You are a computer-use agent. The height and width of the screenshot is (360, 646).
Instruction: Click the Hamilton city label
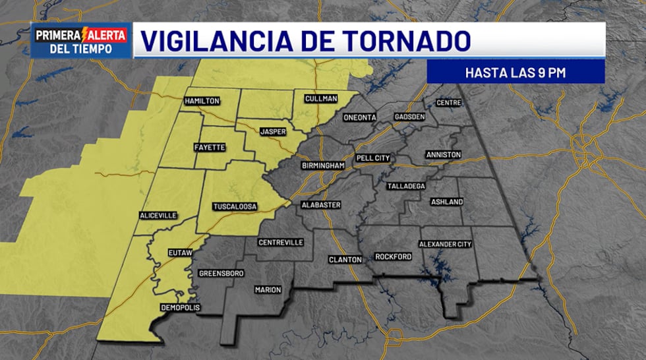coord(202,101)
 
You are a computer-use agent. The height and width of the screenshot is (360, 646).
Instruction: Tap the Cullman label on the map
coord(321,99)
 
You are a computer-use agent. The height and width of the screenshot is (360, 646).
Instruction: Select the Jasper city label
coord(272,132)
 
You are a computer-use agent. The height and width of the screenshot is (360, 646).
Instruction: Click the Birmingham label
coord(323,165)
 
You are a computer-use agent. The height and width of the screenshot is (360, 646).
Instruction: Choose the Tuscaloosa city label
coord(234,207)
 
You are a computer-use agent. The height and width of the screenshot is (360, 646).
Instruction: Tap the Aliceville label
coord(159,216)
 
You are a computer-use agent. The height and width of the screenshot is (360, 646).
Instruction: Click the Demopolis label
coord(180,308)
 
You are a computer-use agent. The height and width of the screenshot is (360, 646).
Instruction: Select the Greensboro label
coord(221,273)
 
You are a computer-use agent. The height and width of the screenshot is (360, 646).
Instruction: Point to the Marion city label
coord(268,290)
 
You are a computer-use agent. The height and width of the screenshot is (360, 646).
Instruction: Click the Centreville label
coord(281,243)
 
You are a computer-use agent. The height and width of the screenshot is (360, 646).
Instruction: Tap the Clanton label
coord(345,260)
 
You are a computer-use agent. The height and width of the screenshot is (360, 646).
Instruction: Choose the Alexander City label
coord(446,245)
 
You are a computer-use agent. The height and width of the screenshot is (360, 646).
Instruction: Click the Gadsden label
coord(410,117)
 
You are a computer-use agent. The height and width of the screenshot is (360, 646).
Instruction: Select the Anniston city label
coord(444,154)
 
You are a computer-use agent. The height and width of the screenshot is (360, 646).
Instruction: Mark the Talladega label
coord(406,187)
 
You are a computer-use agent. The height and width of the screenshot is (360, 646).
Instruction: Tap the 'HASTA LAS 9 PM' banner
coord(515,72)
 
